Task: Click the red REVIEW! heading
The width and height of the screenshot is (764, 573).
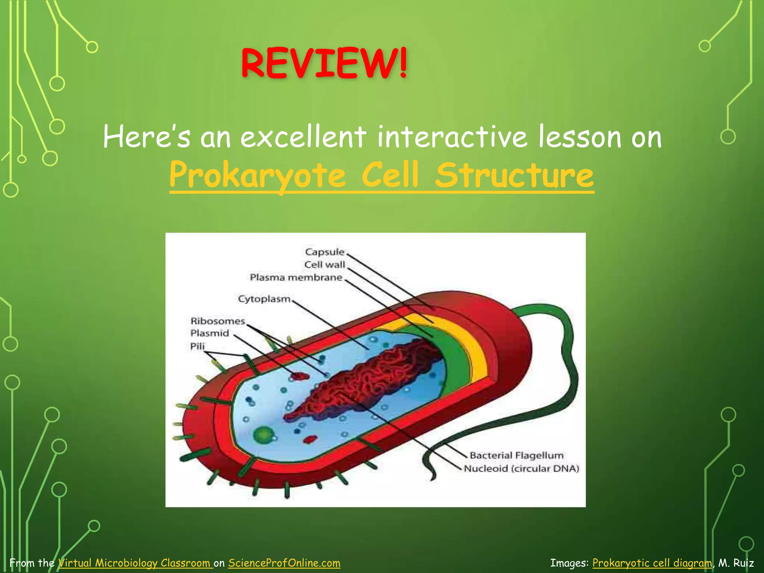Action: [324, 63]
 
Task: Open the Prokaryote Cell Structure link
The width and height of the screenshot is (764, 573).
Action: [381, 175]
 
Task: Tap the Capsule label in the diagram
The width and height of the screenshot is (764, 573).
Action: [324, 252]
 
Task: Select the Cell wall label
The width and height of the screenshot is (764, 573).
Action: [324, 265]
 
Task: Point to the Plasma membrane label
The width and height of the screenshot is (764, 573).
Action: [296, 278]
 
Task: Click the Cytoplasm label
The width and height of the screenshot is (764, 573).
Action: [264, 299]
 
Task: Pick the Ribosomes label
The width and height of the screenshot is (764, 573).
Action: [217, 321]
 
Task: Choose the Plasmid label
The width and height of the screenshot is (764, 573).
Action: [210, 333]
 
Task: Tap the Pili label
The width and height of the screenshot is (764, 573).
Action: [197, 346]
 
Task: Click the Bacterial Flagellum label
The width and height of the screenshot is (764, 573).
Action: [516, 455]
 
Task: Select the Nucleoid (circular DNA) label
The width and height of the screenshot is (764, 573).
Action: [521, 469]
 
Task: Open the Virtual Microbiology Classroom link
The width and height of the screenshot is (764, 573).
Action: [135, 563]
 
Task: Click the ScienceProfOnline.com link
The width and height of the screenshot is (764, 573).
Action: [284, 563]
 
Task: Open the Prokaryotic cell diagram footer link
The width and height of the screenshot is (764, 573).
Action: [652, 563]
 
